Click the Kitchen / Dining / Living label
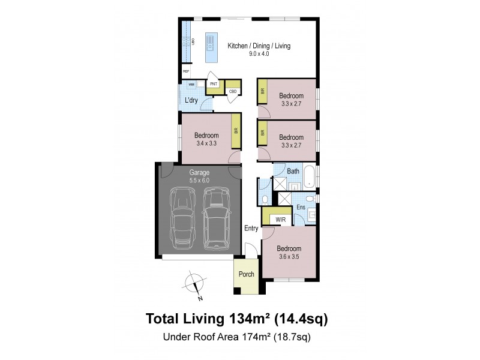(x=259, y=46)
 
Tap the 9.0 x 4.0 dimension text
(x=259, y=53)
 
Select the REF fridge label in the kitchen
(x=185, y=71)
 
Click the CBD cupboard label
(x=233, y=91)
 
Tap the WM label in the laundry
(x=191, y=85)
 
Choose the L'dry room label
(x=191, y=100)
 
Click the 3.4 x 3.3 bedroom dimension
(x=206, y=143)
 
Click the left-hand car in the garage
(x=182, y=218)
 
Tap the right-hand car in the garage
(x=217, y=218)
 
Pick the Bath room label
(x=293, y=172)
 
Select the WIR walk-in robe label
(x=280, y=220)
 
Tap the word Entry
(x=251, y=228)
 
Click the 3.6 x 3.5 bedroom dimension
(x=288, y=256)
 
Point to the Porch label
(x=247, y=274)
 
